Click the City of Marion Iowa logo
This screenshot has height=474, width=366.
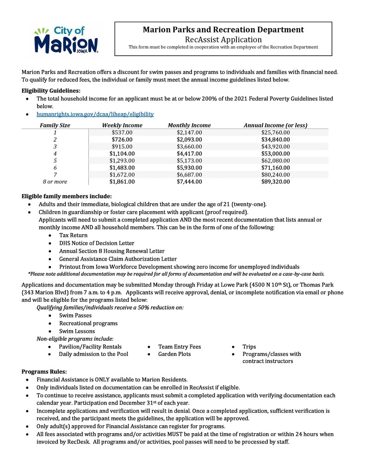[66, 40]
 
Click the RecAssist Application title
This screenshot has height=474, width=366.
[223, 40]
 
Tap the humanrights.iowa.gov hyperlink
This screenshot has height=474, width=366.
[95, 114]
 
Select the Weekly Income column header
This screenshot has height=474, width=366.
[122, 125]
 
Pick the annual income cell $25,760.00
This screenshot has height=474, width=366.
[275, 132]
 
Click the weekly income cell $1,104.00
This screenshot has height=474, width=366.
[122, 154]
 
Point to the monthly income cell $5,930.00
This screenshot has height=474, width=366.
[189, 168]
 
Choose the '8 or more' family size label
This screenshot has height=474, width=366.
[55, 182]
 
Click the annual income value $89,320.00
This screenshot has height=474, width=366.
[275, 182]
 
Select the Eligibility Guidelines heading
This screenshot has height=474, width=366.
[51, 91]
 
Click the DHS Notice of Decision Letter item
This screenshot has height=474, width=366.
[97, 243]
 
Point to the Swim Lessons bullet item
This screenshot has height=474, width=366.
[77, 331]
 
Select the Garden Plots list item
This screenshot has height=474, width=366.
[174, 354]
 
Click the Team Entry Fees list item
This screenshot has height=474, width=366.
[180, 347]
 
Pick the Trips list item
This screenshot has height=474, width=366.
[249, 347]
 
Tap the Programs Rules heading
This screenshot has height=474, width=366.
[44, 372]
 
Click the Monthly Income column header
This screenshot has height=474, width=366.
[189, 125]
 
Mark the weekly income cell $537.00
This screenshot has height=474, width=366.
[122, 132]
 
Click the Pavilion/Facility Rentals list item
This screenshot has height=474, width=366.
[90, 347]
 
